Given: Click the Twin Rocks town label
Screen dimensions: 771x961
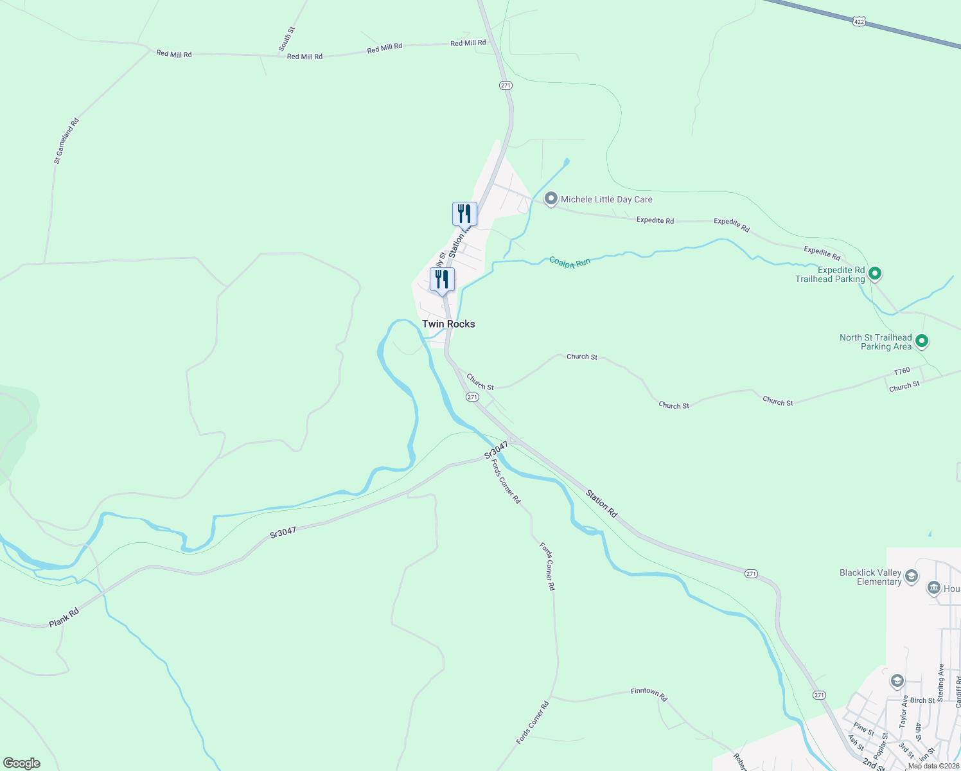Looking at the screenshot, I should click(448, 324).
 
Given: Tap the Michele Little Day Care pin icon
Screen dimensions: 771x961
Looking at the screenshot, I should click(551, 199).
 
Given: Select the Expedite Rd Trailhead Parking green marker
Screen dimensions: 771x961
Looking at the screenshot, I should click(874, 274).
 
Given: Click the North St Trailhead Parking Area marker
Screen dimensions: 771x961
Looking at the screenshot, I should click(922, 341).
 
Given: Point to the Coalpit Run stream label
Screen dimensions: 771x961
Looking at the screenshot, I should click(569, 262).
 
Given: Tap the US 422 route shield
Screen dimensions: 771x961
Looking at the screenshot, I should click(860, 22).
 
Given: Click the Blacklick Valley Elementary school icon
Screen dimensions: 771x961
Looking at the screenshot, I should click(911, 577).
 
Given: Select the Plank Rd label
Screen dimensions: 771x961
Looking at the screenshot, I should click(64, 617).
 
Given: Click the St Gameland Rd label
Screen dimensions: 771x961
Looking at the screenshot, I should click(66, 141).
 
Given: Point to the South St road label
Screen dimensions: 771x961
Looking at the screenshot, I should click(287, 39).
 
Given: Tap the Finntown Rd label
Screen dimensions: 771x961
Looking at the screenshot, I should click(649, 694).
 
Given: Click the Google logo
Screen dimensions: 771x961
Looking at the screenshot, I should click(21, 763).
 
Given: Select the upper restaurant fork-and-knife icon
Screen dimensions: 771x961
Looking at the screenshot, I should click(464, 213).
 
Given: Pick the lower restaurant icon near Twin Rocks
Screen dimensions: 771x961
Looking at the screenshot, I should click(442, 279).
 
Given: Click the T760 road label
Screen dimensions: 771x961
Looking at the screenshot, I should click(902, 371).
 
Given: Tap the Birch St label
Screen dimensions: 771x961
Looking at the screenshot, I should click(922, 700).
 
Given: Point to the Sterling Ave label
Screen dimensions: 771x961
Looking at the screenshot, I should click(941, 683).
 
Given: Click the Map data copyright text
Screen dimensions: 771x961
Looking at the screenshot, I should click(933, 766).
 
